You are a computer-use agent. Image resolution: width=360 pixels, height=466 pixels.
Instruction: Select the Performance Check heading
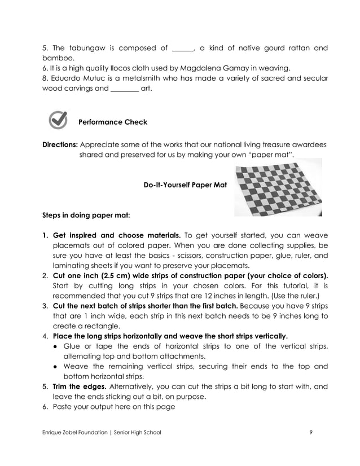pyautogui.click(x=112, y=121)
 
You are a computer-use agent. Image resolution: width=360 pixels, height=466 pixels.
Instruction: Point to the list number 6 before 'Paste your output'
pyautogui.click(x=45, y=407)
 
